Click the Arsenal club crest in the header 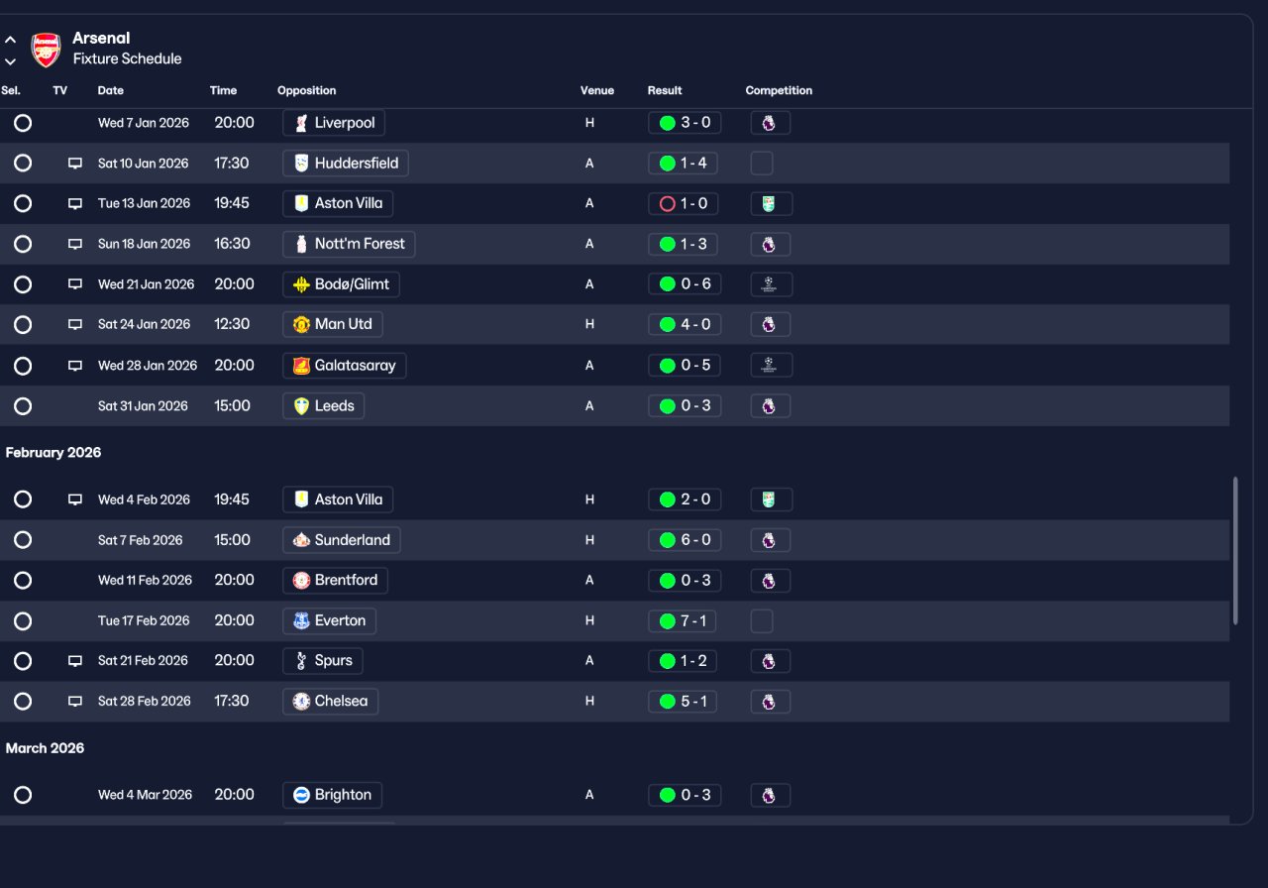[x=46, y=50]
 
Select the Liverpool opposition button [x=334, y=123]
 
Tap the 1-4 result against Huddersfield [x=683, y=164]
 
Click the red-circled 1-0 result [x=683, y=203]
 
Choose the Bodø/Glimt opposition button [x=341, y=284]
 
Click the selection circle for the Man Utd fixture [x=23, y=324]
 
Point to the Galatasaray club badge [x=301, y=366]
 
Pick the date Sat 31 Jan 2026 [x=143, y=406]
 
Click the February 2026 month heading [x=53, y=453]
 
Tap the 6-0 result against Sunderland [x=685, y=540]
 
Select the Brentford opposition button [x=335, y=581]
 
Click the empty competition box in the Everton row [x=762, y=620]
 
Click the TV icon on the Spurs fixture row [x=75, y=661]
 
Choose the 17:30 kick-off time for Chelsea [x=232, y=701]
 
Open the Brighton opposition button [x=332, y=795]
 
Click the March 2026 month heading [x=45, y=748]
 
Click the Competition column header [x=779, y=90]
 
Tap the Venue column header [x=596, y=90]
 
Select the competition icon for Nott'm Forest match [x=771, y=244]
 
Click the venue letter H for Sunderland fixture [x=589, y=540]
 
